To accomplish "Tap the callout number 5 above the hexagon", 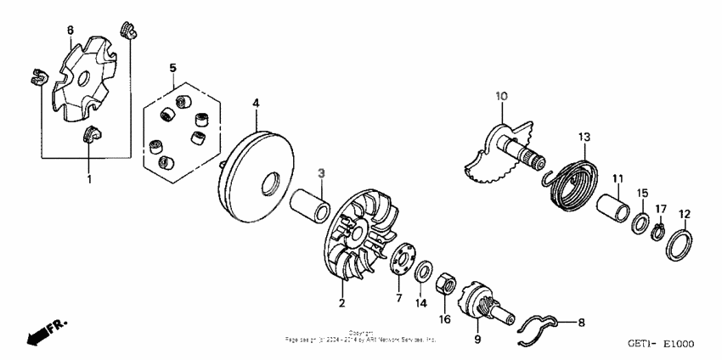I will tap(172, 67).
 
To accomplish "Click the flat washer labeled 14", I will tap(420, 272).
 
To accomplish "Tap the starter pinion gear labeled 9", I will tap(480, 305).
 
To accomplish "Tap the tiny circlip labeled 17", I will tap(659, 232).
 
